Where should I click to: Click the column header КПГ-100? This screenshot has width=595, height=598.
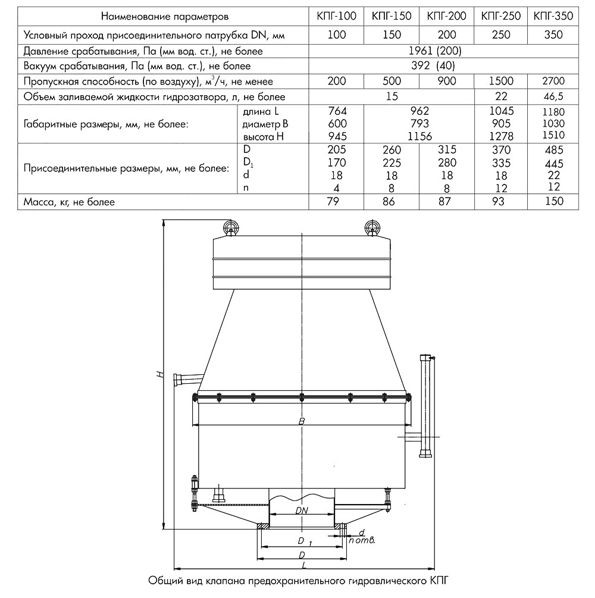pos(337,16)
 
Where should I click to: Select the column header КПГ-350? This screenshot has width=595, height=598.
pos(553,16)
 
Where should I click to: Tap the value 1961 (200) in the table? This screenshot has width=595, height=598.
pos(443,51)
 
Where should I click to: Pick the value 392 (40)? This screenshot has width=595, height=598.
pos(443,66)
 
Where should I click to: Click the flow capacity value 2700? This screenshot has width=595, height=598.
pos(553,81)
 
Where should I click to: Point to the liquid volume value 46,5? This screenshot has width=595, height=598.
pos(553,96)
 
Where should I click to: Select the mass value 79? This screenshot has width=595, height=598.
pos(337,202)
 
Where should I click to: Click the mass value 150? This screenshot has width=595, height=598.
pos(553,202)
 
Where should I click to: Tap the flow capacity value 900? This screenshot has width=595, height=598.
pos(446,81)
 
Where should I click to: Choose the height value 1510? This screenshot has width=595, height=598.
pos(553,135)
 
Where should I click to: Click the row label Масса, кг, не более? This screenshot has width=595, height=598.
pos(69,202)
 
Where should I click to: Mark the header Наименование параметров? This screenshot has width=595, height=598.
pos(165,16)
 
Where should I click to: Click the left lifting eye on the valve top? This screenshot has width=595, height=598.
pos(230,227)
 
